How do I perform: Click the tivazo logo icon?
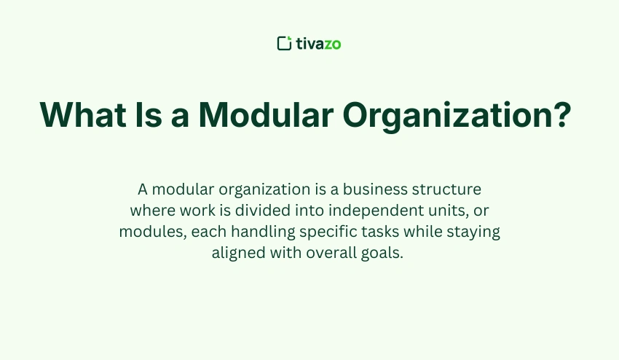point(285,44)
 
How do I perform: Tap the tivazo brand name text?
point(318,44)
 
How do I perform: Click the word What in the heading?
point(82,114)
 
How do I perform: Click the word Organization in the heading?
point(441,116)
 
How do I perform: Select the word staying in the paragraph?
point(474,232)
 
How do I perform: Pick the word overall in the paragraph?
point(327,253)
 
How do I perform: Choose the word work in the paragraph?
point(190,211)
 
